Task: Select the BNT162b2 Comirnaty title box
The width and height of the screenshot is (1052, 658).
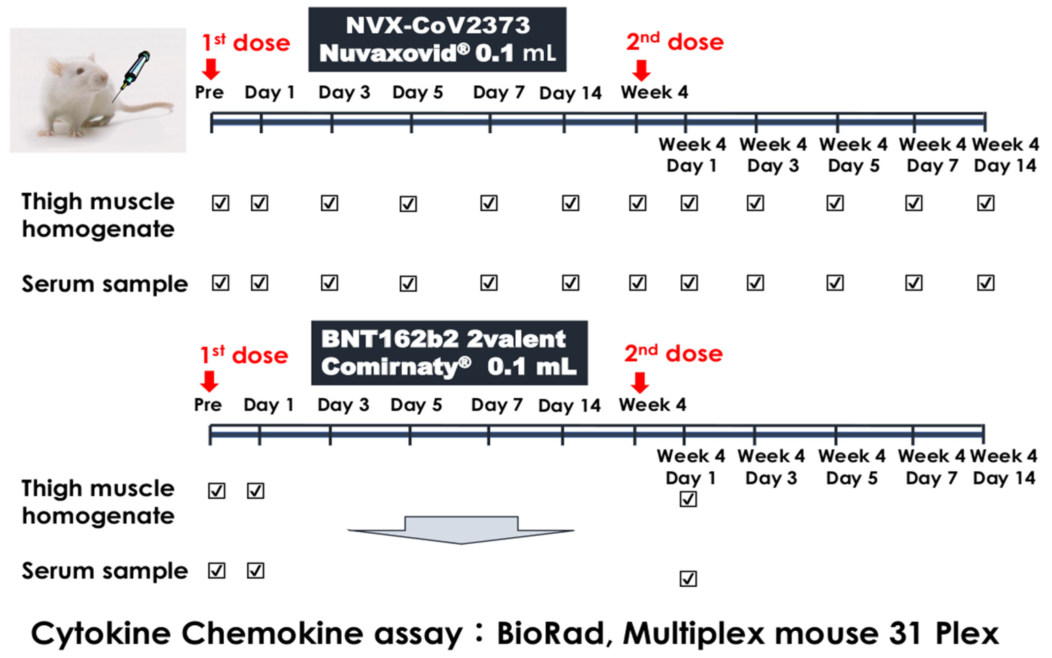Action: click(x=449, y=353)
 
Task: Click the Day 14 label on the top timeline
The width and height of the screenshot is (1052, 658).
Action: click(x=570, y=93)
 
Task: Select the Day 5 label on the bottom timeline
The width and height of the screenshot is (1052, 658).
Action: click(x=416, y=405)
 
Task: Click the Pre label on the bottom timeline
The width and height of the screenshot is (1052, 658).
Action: click(x=208, y=405)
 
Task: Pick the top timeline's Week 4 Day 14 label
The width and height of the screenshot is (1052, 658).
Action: click(x=1005, y=155)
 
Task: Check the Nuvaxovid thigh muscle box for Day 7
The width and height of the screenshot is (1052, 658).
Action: click(x=489, y=203)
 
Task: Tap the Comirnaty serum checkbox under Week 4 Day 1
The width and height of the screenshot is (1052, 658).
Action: click(x=688, y=579)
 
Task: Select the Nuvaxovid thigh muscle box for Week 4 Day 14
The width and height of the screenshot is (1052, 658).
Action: click(x=985, y=203)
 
